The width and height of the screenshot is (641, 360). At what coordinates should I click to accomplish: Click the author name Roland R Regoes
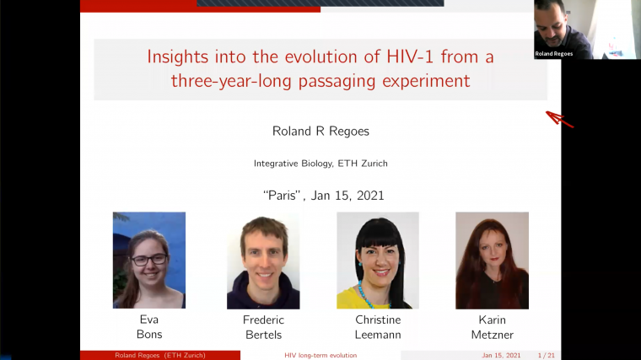tap(320, 131)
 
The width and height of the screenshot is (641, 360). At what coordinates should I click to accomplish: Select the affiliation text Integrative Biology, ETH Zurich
tap(320, 164)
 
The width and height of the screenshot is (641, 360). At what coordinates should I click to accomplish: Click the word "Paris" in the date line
tap(283, 195)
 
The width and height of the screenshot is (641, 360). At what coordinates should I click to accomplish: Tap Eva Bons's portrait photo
tap(149, 260)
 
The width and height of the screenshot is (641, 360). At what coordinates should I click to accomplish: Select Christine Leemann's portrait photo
tap(378, 260)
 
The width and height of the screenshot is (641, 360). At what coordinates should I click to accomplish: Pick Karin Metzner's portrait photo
tap(492, 260)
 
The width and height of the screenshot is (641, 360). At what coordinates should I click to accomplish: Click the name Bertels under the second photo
tap(263, 335)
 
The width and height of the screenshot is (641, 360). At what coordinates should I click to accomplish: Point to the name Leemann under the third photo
tap(378, 335)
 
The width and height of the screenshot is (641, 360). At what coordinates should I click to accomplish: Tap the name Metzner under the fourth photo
tap(493, 335)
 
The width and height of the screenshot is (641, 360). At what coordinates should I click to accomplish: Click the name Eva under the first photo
tap(149, 320)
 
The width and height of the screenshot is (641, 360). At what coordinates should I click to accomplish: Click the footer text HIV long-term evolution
tap(320, 355)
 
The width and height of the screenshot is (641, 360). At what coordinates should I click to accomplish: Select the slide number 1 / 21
tap(547, 355)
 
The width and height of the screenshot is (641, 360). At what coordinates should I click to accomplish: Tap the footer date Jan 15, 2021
tap(501, 355)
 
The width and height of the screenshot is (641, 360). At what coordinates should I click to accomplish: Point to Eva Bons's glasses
tap(149, 260)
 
